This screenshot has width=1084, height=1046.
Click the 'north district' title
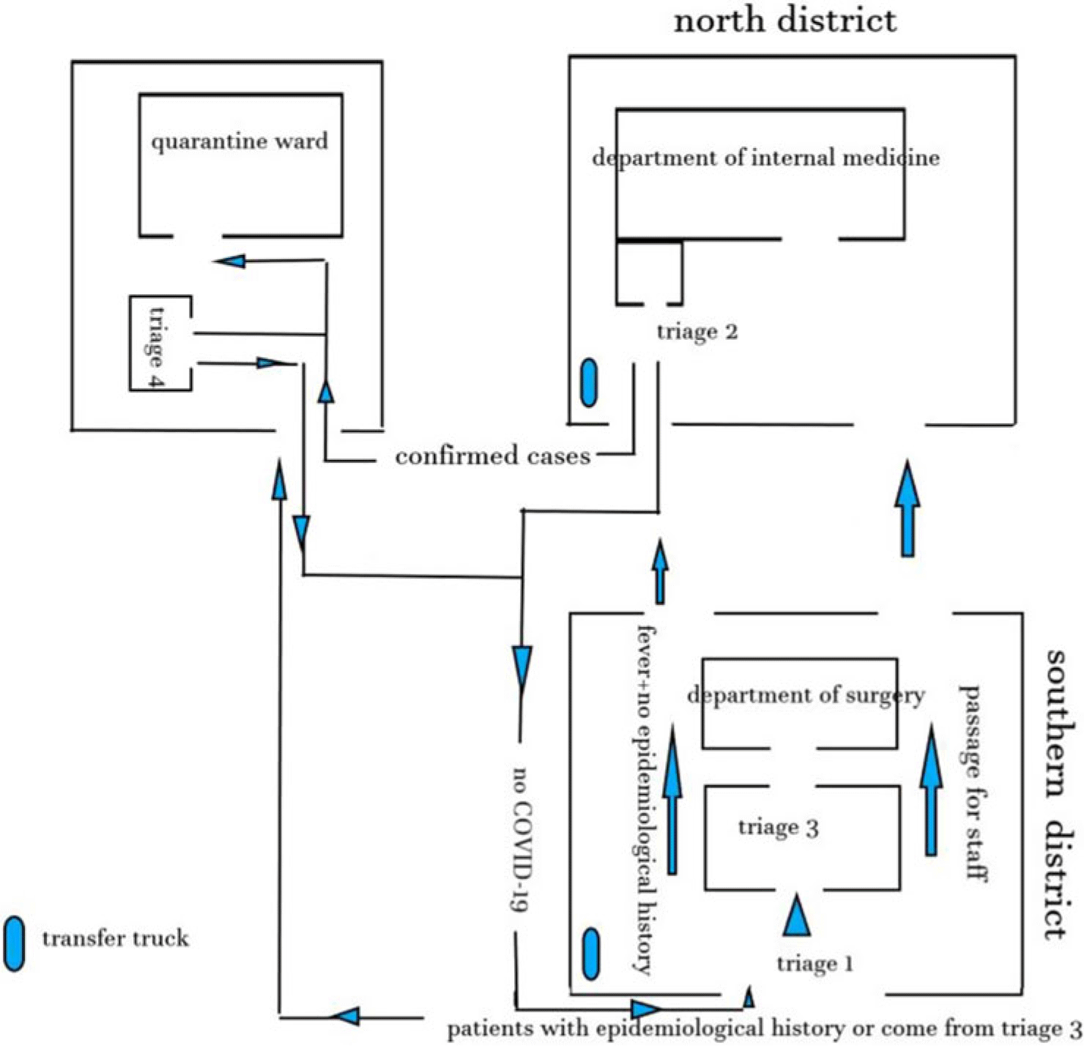pyautogui.click(x=784, y=21)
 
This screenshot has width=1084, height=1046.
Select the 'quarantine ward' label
pyautogui.click(x=240, y=141)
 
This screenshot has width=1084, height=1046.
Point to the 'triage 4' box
pyautogui.click(x=160, y=343)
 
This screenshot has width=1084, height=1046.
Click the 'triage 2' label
pyautogui.click(x=697, y=332)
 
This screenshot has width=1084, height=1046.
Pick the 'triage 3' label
pyautogui.click(x=778, y=828)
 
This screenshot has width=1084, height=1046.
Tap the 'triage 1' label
pyautogui.click(x=814, y=964)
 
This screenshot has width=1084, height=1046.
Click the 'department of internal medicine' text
pyautogui.click(x=765, y=157)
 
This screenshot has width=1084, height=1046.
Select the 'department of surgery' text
pyautogui.click(x=806, y=694)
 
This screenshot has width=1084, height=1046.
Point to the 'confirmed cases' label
pyautogui.click(x=492, y=456)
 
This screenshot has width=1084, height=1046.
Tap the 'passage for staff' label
pyautogui.click(x=973, y=782)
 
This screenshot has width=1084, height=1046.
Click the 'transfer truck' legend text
pyautogui.click(x=115, y=938)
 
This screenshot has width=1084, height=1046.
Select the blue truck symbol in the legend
pyautogui.click(x=14, y=943)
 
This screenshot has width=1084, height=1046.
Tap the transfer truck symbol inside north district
pyautogui.click(x=588, y=382)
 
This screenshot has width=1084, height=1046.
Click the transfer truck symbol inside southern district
pyautogui.click(x=590, y=954)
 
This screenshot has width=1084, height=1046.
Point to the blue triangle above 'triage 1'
pyautogui.click(x=796, y=916)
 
